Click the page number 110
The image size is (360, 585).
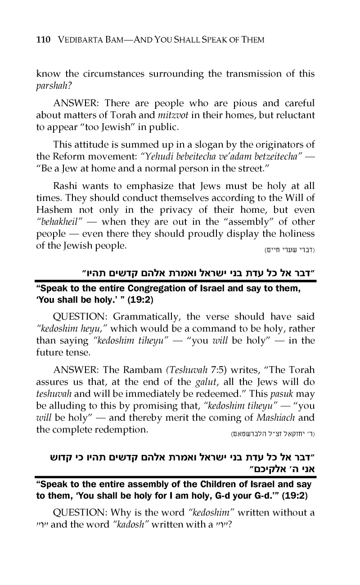[43, 40]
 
